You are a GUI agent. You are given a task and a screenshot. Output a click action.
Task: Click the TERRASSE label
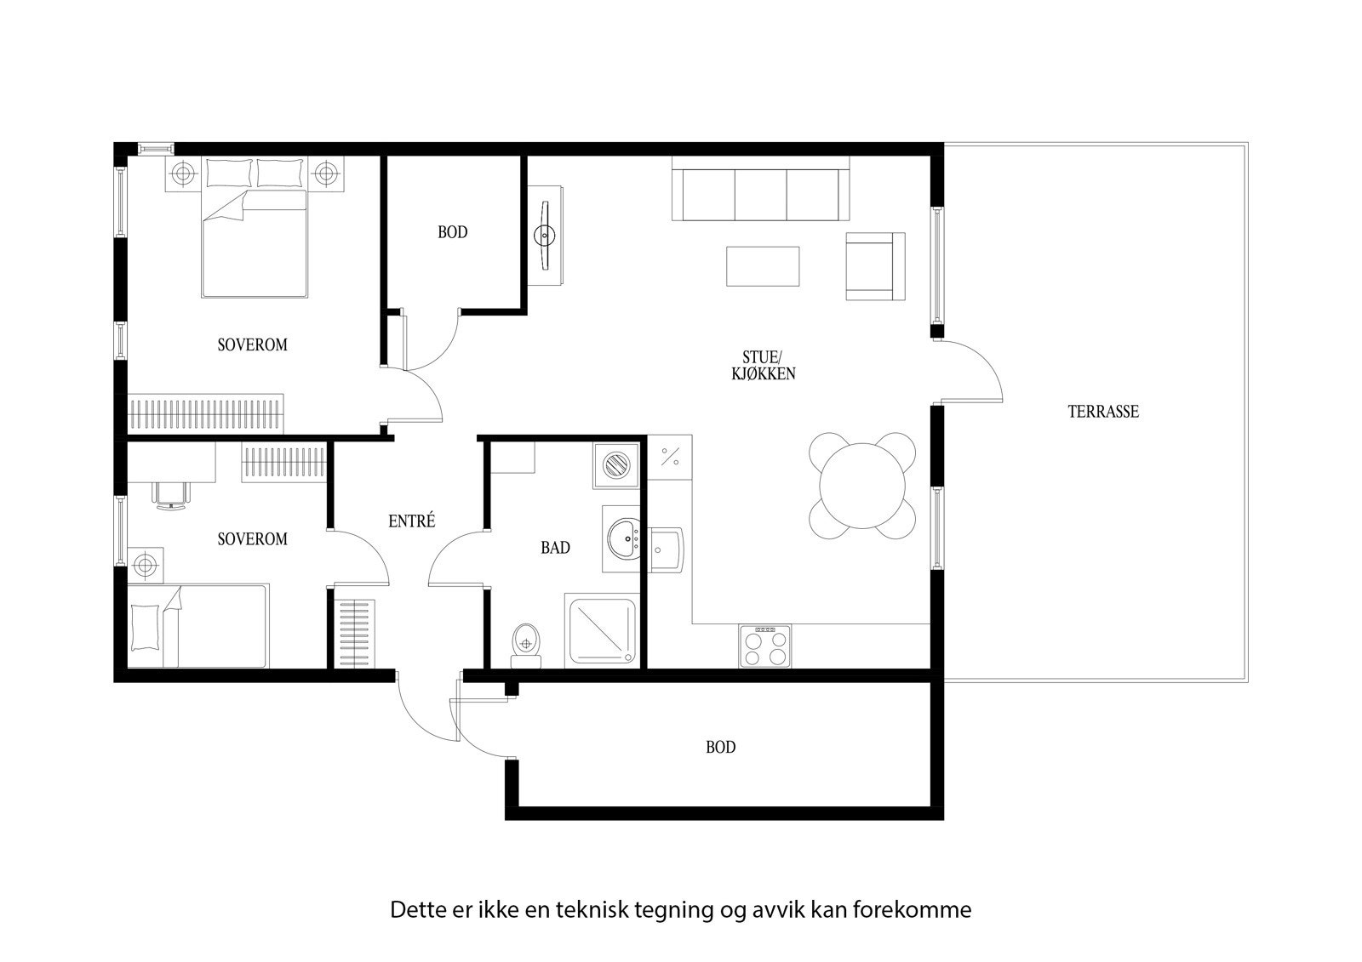pos(1103,412)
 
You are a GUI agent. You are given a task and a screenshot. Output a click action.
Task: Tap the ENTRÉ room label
pos(411,521)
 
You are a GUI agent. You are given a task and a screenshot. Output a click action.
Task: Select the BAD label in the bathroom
pos(555,548)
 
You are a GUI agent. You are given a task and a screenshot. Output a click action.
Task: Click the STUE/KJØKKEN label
pos(763,365)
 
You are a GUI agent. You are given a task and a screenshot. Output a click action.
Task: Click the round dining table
pos(862,487)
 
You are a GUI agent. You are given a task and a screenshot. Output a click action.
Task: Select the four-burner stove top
pos(764,646)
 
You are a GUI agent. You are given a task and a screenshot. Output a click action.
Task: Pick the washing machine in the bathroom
pos(616,465)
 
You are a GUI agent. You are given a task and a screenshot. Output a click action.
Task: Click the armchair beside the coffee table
pos(873,266)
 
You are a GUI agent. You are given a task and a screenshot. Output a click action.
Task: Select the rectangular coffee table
pos(763,266)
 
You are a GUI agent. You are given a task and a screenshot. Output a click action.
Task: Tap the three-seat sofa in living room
pos(760,194)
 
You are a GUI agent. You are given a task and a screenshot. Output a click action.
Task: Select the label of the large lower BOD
pos(720,748)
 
